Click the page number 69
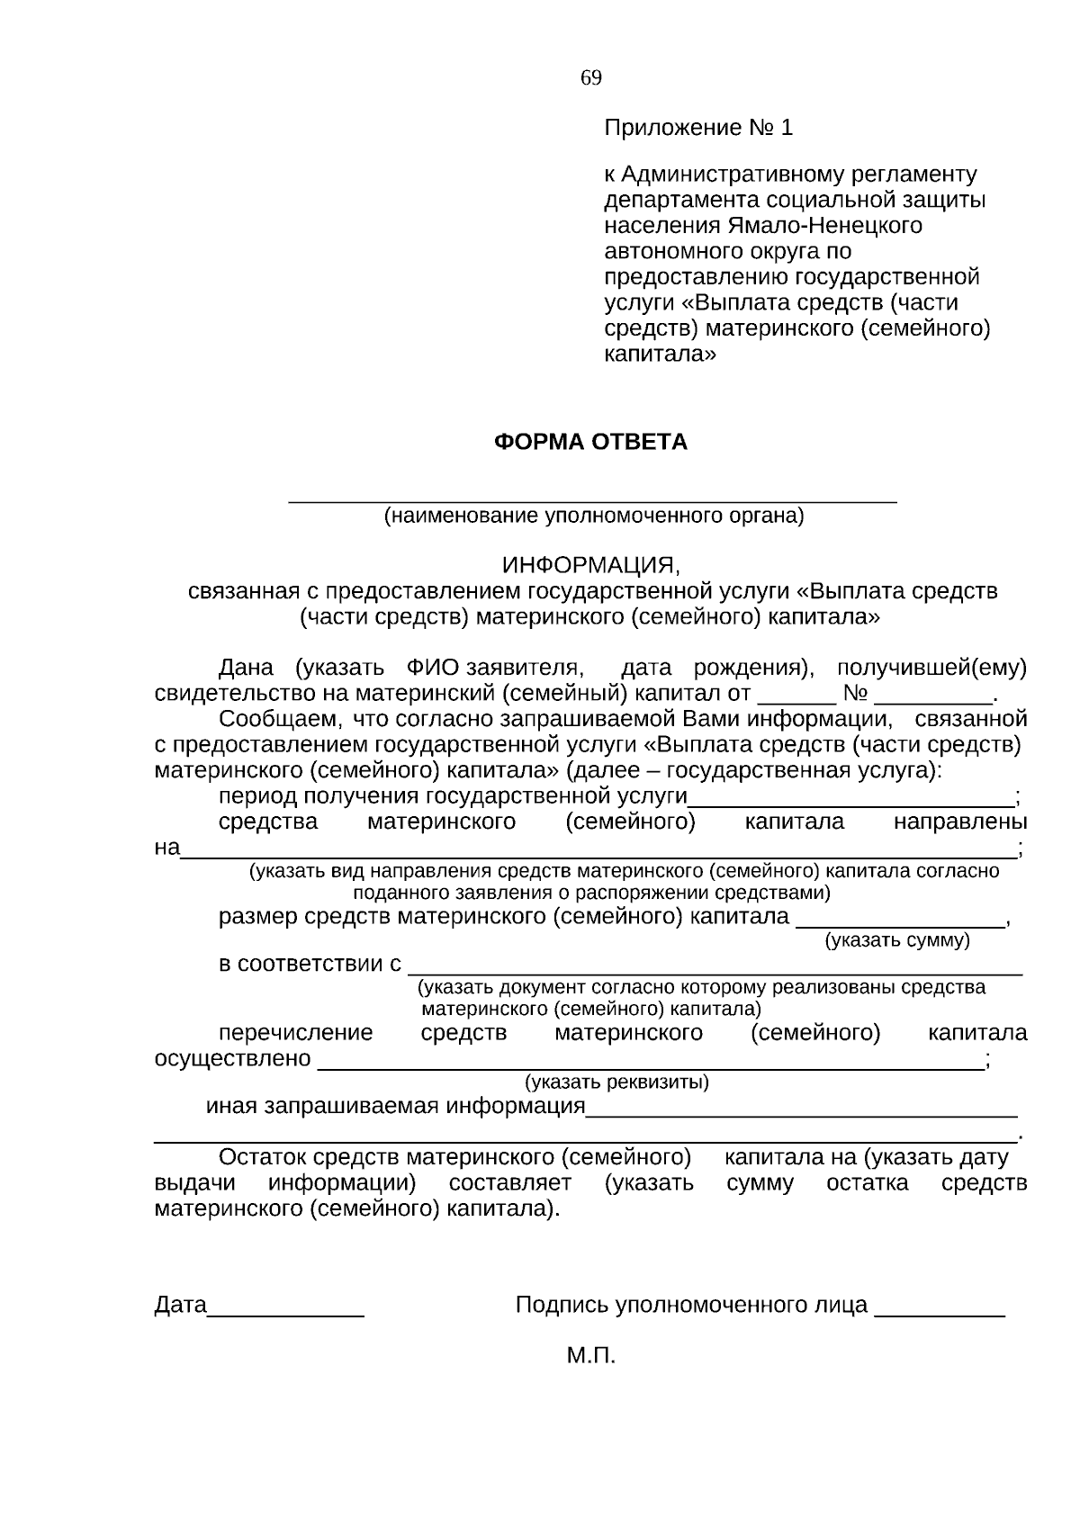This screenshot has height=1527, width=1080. point(591,78)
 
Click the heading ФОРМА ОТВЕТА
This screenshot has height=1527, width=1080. point(590,443)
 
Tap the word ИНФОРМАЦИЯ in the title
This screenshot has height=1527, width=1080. point(590,566)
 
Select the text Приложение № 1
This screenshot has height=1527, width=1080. point(698,129)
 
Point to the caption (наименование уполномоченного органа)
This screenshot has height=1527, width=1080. point(594,516)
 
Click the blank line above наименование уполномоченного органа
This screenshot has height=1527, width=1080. point(592,499)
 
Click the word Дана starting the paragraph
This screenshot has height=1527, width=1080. point(246,669)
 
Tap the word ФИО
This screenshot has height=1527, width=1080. point(433,669)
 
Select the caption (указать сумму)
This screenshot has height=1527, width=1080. point(897,941)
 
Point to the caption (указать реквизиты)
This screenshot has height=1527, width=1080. point(617,1082)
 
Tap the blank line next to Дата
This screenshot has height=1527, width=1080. point(285,1313)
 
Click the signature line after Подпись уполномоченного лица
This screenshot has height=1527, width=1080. point(940,1313)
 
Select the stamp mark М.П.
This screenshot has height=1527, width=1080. point(591,1356)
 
